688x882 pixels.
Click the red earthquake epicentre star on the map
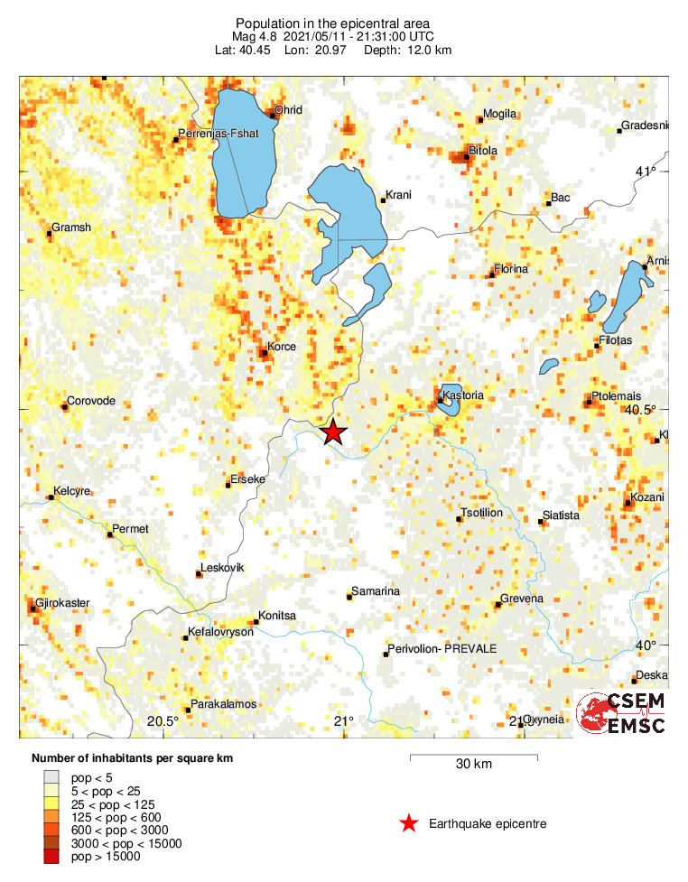(x=334, y=432)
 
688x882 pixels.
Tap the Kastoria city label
(x=464, y=396)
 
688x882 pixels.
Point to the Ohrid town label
(x=289, y=110)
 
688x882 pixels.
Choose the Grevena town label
(x=523, y=599)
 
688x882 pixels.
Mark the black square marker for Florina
(x=492, y=274)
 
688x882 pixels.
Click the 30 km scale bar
(x=474, y=757)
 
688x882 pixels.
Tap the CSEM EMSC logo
(x=622, y=713)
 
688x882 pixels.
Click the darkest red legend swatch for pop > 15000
(x=53, y=857)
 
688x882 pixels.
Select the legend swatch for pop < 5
(x=53, y=775)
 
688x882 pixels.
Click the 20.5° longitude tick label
(x=163, y=720)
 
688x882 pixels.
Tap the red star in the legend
(x=409, y=823)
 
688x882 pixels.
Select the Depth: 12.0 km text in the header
(x=408, y=49)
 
